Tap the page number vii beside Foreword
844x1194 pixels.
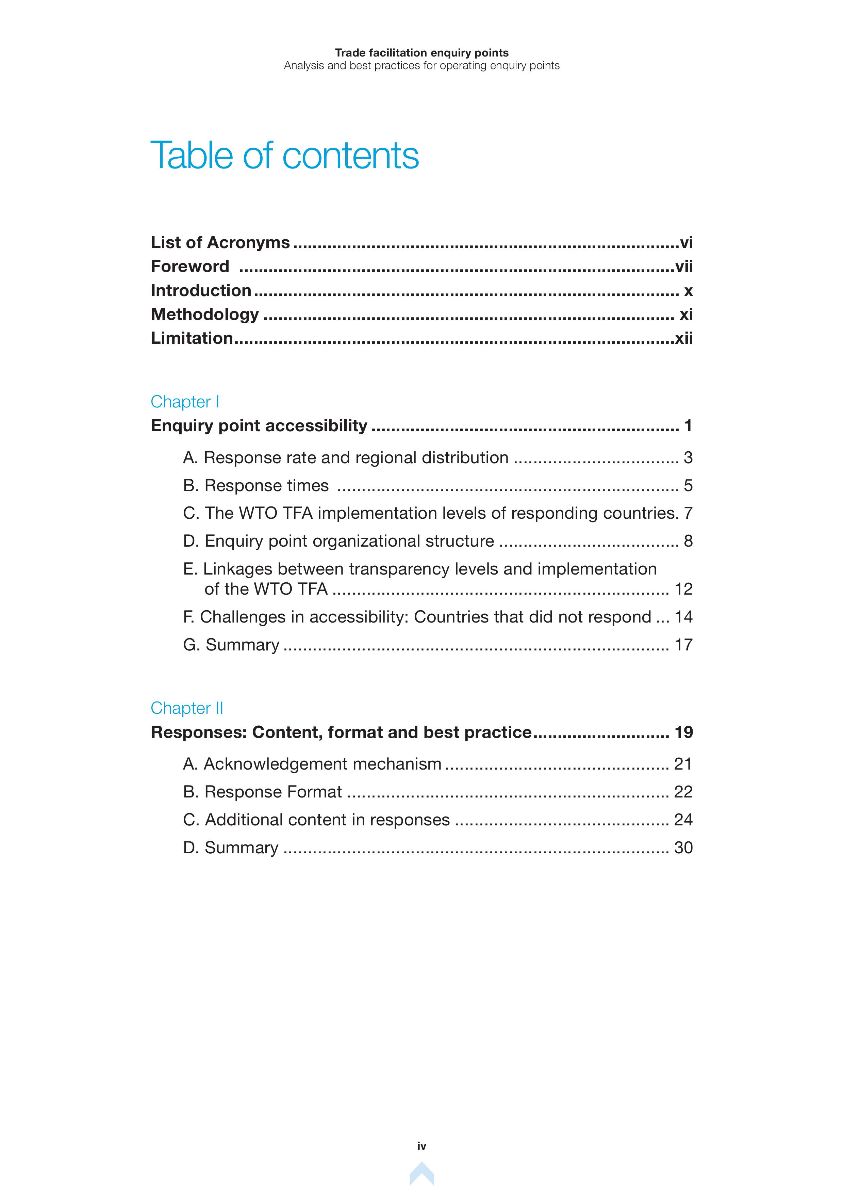click(x=683, y=267)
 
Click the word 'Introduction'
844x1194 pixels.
click(x=201, y=290)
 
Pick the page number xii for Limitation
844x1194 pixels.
click(x=683, y=339)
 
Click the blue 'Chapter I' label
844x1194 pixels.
click(x=184, y=402)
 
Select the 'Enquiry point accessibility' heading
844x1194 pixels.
click(x=259, y=425)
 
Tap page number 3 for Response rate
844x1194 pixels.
click(x=688, y=458)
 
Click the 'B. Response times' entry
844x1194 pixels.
click(x=256, y=485)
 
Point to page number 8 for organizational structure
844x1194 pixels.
click(x=688, y=542)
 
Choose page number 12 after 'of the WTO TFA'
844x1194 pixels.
click(x=683, y=589)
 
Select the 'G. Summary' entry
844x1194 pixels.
click(x=231, y=645)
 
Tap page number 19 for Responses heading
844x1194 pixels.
click(x=683, y=732)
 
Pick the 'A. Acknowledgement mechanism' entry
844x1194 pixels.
click(x=312, y=764)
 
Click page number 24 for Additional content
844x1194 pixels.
click(x=683, y=820)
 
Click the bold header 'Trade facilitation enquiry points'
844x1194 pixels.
click(x=421, y=52)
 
